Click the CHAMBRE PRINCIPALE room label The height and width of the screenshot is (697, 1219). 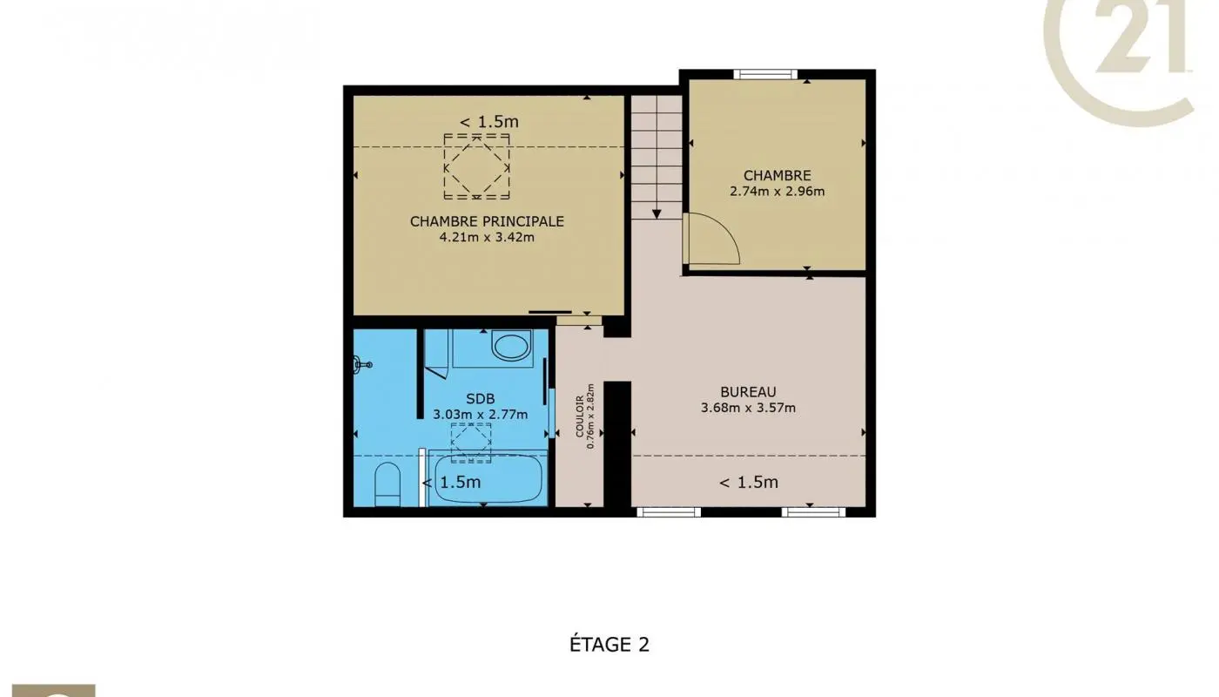click(487, 221)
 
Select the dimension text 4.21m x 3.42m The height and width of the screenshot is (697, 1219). click(487, 236)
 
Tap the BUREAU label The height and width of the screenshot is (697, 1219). click(748, 392)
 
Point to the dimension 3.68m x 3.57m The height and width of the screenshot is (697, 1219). click(748, 407)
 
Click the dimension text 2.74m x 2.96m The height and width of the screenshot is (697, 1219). click(777, 191)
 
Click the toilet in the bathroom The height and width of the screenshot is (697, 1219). click(387, 484)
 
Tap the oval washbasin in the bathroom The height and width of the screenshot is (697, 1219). click(510, 345)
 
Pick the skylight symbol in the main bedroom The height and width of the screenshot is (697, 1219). click(476, 166)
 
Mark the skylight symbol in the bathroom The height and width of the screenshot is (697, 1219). click(471, 442)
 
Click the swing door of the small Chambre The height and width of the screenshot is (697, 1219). click(710, 240)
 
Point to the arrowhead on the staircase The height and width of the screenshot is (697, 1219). click(656, 213)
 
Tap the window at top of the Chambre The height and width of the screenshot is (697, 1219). click(765, 74)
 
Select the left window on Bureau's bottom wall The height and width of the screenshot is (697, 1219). click(669, 512)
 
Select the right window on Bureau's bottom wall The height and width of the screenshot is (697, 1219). click(813, 512)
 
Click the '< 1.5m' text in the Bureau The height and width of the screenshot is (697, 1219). click(748, 482)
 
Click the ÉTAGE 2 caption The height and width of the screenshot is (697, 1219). click(609, 645)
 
